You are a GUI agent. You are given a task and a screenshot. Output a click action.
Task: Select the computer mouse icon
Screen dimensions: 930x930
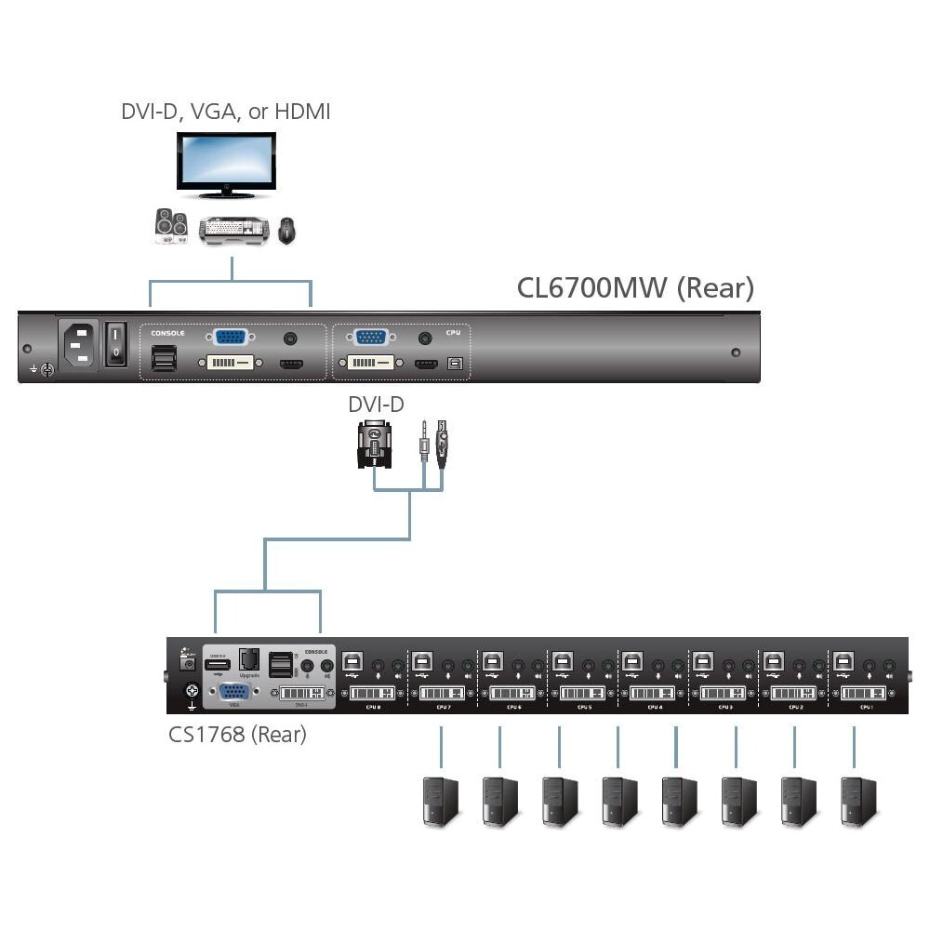287,230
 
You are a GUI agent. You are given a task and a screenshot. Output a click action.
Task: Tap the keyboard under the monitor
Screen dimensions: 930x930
236,230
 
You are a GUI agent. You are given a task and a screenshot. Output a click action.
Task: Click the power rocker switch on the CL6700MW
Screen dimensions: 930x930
115,344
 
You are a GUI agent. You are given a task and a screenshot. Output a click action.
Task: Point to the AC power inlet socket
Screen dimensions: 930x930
78,345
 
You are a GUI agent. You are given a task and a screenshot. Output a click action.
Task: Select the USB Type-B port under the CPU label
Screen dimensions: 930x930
454,364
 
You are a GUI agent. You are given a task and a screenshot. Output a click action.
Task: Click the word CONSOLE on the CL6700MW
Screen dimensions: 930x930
167,332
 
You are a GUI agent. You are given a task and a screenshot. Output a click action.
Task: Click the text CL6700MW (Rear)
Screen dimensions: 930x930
635,287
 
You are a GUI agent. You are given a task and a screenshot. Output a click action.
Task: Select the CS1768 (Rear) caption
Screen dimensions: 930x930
237,735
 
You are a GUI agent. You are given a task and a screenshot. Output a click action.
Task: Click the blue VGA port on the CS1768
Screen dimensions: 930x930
232,693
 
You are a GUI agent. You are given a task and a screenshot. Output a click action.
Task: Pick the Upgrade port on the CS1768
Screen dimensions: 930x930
248,659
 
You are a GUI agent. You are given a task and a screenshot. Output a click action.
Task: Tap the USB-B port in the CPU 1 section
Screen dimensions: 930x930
844,661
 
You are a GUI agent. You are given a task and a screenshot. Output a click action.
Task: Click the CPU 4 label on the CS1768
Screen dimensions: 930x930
654,708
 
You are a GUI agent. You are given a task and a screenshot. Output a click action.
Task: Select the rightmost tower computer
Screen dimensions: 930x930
857,802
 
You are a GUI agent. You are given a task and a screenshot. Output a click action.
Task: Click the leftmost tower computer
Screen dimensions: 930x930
441,802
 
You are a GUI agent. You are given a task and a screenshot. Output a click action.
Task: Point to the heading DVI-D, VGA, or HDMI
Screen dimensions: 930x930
226,112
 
